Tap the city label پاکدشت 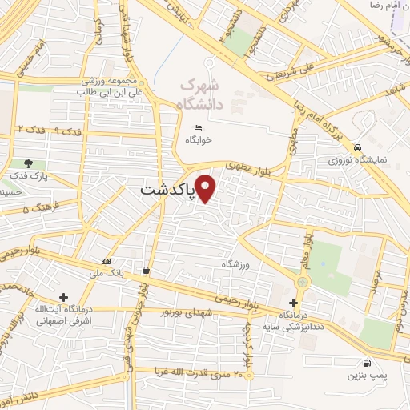point(167,191)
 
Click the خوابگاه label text point(199,139)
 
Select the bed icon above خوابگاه point(199,127)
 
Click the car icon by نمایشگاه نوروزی point(356,147)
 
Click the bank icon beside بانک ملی point(107,262)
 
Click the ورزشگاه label point(236,263)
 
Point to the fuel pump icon point(367,362)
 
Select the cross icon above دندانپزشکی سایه point(294,303)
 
